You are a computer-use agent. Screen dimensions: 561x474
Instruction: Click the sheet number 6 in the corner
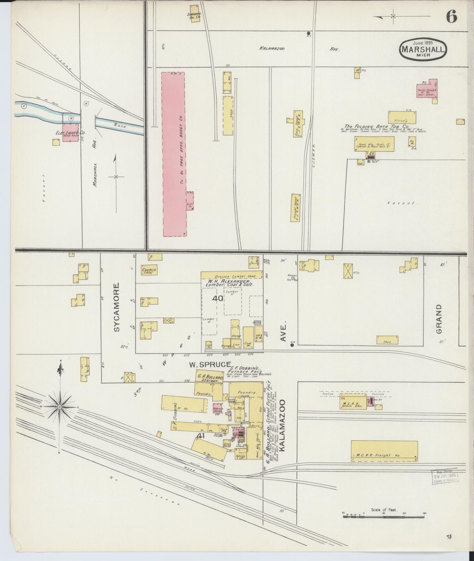pos(451,16)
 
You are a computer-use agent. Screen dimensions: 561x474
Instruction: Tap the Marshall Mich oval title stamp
pos(422,49)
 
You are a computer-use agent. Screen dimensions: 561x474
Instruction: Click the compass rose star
pos(60,407)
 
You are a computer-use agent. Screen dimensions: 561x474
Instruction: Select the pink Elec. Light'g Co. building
pos(71,132)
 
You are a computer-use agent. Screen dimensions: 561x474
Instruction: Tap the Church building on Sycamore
pos(149,270)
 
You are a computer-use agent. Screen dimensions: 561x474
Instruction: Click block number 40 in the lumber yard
pos(217,298)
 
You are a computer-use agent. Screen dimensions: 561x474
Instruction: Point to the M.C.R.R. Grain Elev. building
pos(353,403)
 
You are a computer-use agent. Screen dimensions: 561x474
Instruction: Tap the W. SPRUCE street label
pos(210,364)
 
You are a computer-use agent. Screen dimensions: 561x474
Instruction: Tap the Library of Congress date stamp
pos(445,477)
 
